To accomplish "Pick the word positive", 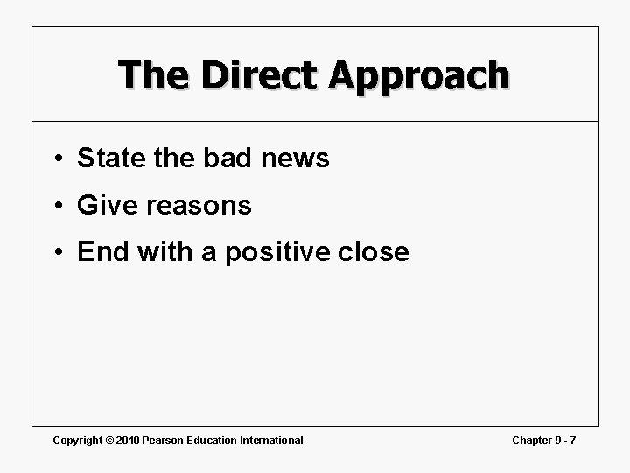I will pyautogui.click(x=276, y=253).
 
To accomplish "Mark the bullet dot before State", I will pyautogui.click(x=55, y=159).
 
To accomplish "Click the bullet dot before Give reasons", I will pyautogui.click(x=55, y=207).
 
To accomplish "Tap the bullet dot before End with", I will pyautogui.click(x=55, y=253).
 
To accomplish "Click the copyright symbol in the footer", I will pyautogui.click(x=110, y=440).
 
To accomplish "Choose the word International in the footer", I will pyautogui.click(x=272, y=440).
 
